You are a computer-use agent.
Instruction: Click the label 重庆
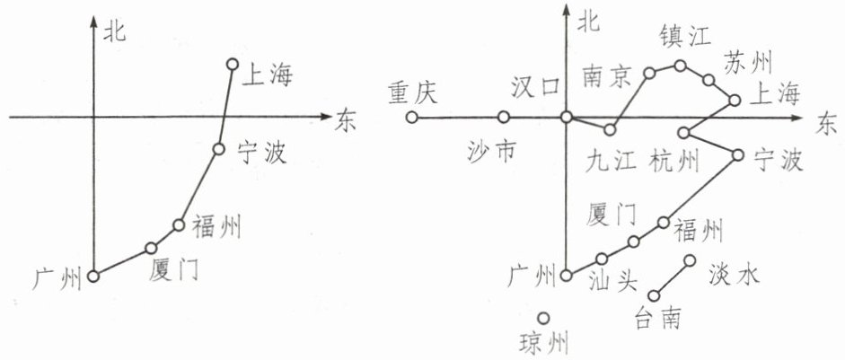410,92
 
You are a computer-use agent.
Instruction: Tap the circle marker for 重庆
412,118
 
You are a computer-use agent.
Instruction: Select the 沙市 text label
492,150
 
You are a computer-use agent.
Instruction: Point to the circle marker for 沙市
504,118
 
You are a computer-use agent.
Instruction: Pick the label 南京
607,76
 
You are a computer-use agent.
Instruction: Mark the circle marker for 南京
649,73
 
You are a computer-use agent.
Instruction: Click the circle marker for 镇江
681,65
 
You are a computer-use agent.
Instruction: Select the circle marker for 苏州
709,81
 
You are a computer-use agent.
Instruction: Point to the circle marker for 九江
611,130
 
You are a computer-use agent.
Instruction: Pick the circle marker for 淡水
690,261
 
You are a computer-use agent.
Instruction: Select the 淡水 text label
734,272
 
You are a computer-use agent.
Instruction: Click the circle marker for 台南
654,295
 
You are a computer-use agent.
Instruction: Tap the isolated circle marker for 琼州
543,317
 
